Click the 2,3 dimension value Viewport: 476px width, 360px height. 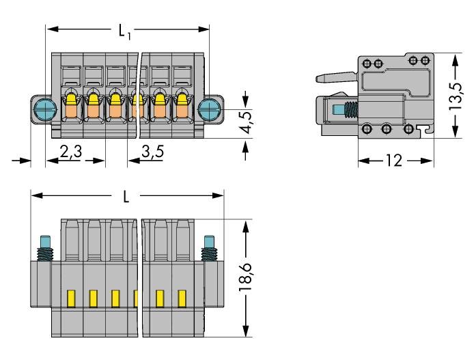(70, 152)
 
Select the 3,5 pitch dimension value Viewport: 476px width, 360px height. (152, 152)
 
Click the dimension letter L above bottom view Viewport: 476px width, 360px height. (126, 197)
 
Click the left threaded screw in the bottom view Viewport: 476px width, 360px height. (46, 247)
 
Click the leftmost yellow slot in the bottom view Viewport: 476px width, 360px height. (70, 298)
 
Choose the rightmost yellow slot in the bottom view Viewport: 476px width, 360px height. (182, 298)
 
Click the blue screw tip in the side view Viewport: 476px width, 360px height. (337, 109)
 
